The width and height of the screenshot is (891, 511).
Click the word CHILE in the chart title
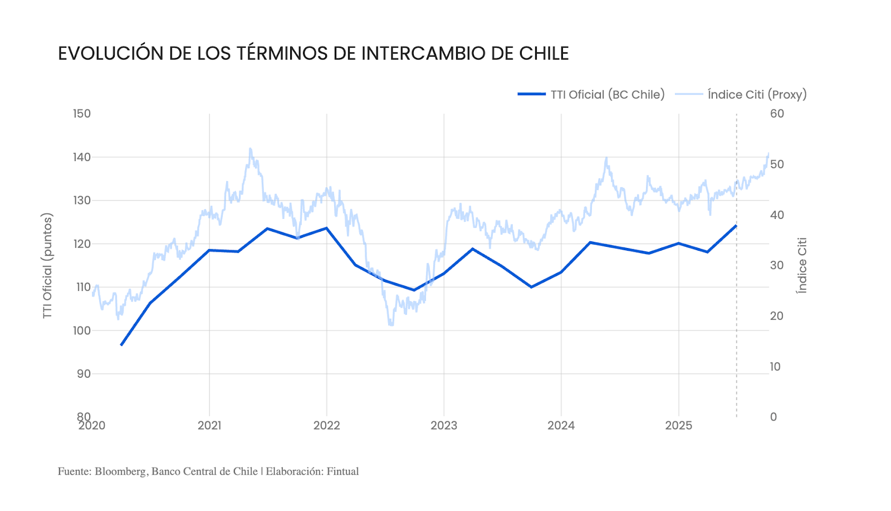pyautogui.click(x=544, y=53)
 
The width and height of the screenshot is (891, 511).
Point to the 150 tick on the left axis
pyautogui.click(x=81, y=114)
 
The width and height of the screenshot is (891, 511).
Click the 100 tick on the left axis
pyautogui.click(x=81, y=330)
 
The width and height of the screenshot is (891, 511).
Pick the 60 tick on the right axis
pyautogui.click(x=777, y=114)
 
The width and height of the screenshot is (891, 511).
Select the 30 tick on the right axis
pyautogui.click(x=777, y=265)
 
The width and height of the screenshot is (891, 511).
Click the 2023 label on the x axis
pyautogui.click(x=444, y=426)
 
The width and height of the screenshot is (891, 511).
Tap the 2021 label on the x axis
pyautogui.click(x=209, y=426)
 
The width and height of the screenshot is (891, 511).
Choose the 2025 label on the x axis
pyautogui.click(x=678, y=426)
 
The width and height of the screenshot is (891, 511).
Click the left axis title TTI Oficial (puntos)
pyautogui.click(x=47, y=266)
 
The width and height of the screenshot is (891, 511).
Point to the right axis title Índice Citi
pyautogui.click(x=801, y=266)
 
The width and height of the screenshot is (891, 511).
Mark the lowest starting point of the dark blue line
pyautogui.click(x=121, y=345)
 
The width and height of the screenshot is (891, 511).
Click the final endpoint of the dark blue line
pyautogui.click(x=736, y=226)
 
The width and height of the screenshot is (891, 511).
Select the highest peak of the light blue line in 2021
pyautogui.click(x=250, y=149)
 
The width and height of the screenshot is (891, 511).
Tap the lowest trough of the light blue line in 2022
pyautogui.click(x=391, y=324)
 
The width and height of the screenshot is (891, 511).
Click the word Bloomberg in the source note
pyautogui.click(x=120, y=471)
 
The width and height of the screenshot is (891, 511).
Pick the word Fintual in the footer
pyautogui.click(x=342, y=471)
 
